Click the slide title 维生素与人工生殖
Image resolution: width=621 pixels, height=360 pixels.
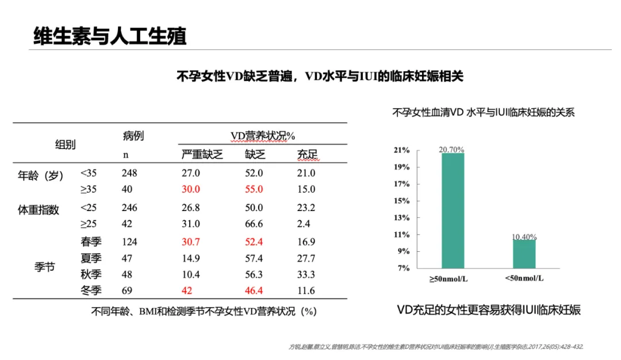[110, 36]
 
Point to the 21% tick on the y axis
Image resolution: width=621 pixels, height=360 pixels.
[401, 150]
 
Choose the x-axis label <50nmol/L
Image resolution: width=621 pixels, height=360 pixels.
[524, 279]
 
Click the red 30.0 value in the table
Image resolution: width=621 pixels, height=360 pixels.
[190, 189]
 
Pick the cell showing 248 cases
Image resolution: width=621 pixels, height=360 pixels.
[129, 173]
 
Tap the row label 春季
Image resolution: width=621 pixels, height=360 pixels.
[91, 242]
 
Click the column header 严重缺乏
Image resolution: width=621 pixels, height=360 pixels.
[202, 154]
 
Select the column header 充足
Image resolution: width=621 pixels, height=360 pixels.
[307, 154]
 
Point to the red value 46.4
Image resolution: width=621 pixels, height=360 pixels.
[254, 291]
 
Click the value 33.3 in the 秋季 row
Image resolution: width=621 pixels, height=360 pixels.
[306, 274]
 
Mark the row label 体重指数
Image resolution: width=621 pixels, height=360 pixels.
[39, 210]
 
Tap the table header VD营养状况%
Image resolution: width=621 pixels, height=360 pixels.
[263, 136]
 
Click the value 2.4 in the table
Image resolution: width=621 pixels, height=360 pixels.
[304, 224]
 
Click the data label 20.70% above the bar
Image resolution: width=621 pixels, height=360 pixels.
[451, 149]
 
